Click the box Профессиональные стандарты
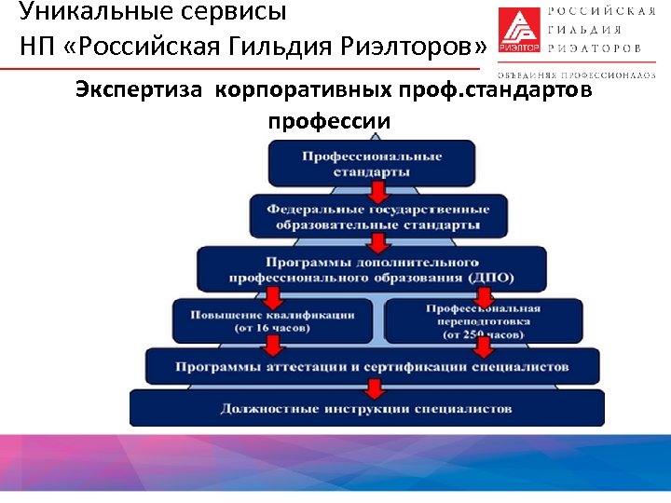tap(371, 163)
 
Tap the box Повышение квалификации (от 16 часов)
tap(272, 319)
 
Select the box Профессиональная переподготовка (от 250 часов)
tap(483, 319)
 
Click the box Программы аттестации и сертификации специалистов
tap(371, 366)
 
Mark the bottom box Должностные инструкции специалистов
tap(366, 408)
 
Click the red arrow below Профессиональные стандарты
tap(377, 192)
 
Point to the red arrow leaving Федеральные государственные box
tap(377, 244)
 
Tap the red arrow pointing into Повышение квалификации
tap(273, 297)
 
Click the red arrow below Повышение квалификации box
tap(273, 346)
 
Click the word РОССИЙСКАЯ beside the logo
tap(609, 11)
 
